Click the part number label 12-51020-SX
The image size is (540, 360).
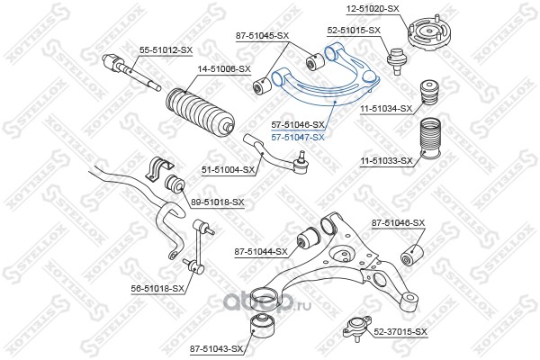click(x=373, y=9)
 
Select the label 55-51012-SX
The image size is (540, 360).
click(x=166, y=50)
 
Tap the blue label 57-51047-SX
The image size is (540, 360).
click(x=298, y=138)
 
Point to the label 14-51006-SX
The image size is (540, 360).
click(x=224, y=69)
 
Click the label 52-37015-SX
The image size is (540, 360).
click(x=400, y=332)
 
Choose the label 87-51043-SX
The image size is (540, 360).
click(x=216, y=349)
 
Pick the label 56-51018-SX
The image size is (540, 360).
click(x=157, y=288)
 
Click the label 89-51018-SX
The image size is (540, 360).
click(x=217, y=202)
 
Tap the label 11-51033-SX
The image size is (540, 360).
click(x=386, y=161)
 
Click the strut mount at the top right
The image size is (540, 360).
click(x=427, y=33)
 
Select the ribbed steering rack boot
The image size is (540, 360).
click(x=201, y=112)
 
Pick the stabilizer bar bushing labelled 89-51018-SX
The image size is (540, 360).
click(x=175, y=184)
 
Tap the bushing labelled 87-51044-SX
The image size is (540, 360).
click(x=309, y=238)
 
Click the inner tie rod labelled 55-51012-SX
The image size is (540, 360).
click(x=131, y=73)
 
